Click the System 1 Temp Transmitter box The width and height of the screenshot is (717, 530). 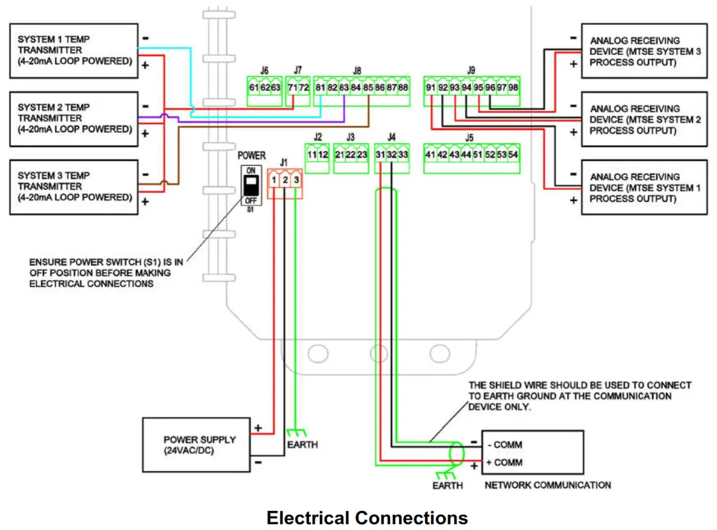73,51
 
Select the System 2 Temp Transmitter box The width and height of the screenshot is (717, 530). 73,119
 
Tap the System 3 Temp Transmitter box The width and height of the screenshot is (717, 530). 73,186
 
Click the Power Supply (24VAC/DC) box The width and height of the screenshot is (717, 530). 196,445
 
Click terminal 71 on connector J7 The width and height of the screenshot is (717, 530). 292,87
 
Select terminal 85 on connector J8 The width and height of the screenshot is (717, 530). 368,87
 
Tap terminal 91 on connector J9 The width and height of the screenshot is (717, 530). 430,87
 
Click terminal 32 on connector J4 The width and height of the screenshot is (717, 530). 392,155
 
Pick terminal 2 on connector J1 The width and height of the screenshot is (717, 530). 285,181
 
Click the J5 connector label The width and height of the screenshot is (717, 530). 470,137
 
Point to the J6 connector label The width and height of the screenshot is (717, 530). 264,70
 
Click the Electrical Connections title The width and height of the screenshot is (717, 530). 367,517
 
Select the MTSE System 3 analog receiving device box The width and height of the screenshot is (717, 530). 644,51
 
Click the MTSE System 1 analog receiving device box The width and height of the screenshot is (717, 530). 644,187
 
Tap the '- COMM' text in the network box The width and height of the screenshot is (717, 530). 504,444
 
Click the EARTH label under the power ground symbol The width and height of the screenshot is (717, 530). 302,444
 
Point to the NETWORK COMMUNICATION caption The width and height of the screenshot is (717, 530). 547,485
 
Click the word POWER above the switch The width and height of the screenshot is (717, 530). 252,155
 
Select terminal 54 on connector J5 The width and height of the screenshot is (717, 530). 513,155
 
